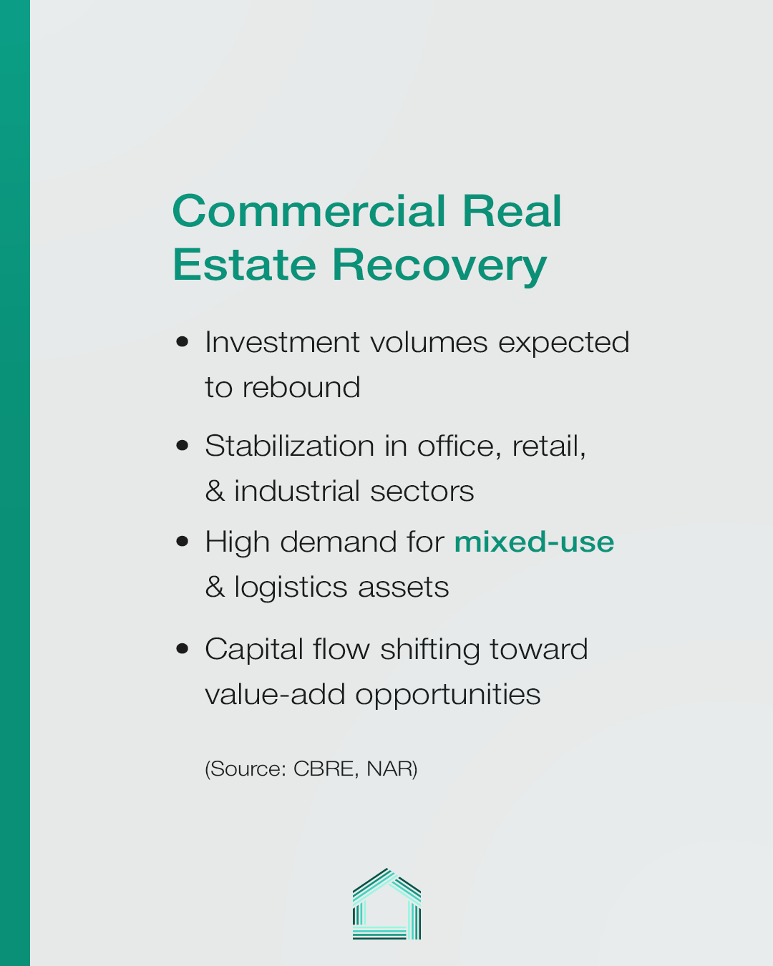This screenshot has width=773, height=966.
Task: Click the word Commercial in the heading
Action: pos(309,211)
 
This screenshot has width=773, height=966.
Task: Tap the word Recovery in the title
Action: pos(439,266)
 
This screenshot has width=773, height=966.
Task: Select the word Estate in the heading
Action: pos(244,265)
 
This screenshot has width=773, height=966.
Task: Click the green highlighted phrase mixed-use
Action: pos(534,542)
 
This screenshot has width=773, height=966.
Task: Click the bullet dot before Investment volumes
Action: pos(182,342)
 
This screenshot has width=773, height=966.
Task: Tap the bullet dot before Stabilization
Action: pos(182,446)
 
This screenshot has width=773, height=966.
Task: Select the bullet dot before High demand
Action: pos(182,541)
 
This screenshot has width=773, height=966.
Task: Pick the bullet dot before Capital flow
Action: pos(182,649)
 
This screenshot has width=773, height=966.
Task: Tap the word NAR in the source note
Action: pos(389,769)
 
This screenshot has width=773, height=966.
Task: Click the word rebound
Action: pos(301,387)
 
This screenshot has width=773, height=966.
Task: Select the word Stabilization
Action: pos(290,446)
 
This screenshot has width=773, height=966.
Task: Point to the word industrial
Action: pos(297,490)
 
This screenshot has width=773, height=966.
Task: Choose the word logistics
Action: pos(291,587)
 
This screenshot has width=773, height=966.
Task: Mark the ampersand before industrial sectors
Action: pos(215,490)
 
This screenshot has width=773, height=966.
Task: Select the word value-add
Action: pos(275,695)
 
